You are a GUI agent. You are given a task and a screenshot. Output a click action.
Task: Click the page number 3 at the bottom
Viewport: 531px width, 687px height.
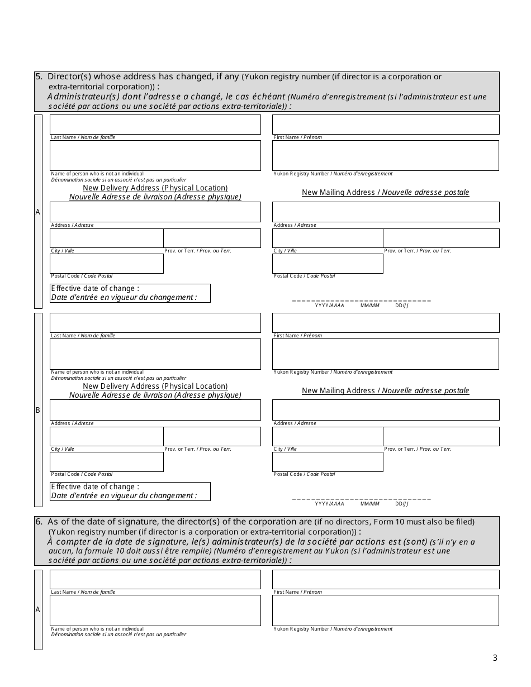click(x=495, y=658)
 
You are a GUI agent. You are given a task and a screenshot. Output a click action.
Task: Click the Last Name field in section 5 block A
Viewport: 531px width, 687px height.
click(x=155, y=125)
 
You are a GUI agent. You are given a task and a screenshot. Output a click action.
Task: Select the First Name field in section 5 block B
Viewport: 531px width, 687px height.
click(x=385, y=323)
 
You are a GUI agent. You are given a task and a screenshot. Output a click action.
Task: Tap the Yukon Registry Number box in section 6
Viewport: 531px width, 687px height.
click(x=385, y=610)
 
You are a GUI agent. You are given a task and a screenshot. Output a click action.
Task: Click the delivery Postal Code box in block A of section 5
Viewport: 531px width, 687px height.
click(x=107, y=264)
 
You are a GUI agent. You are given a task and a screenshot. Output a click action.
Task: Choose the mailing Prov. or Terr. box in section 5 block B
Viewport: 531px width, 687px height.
click(x=441, y=436)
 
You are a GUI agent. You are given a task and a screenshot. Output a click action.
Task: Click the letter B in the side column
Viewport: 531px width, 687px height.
click(x=38, y=410)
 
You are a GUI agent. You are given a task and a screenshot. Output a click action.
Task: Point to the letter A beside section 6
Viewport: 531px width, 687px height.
click(x=38, y=610)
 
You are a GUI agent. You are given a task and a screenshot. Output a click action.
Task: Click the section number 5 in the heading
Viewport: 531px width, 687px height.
click(x=38, y=77)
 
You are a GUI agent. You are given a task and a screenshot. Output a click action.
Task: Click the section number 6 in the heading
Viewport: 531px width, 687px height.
click(x=38, y=522)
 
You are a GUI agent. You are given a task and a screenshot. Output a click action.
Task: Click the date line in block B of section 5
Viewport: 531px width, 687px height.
click(x=361, y=498)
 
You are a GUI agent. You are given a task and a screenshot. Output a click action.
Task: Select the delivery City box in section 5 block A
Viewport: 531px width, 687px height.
click(x=107, y=238)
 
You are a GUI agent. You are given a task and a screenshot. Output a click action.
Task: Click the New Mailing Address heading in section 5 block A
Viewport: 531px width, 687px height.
click(x=385, y=192)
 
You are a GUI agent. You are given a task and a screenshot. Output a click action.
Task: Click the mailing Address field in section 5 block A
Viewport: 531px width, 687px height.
click(x=385, y=212)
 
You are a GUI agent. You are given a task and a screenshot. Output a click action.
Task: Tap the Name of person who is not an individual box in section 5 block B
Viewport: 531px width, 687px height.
click(x=155, y=354)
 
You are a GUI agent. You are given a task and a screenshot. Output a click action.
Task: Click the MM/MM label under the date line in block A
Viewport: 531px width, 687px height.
click(x=369, y=306)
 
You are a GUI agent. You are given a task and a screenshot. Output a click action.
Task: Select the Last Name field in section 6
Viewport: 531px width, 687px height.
click(x=155, y=579)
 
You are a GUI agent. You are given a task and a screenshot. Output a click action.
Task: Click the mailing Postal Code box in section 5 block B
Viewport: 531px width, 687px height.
click(x=328, y=462)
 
